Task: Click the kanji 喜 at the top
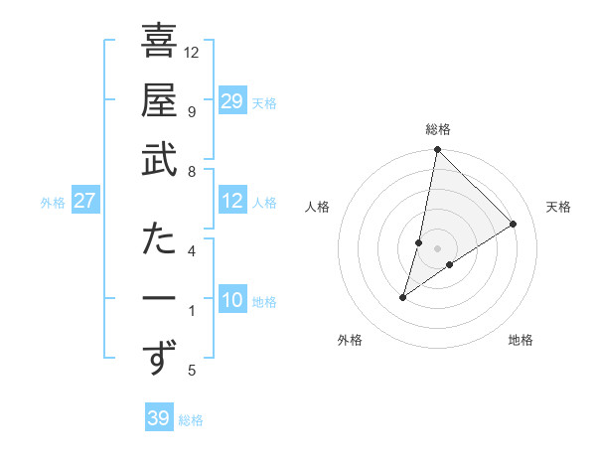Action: point(159,42)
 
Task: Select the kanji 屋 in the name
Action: point(159,101)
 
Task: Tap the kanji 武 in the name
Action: point(159,161)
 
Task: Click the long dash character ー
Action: point(159,299)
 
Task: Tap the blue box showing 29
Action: point(231,101)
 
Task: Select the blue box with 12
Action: point(231,202)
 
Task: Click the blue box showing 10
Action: point(231,301)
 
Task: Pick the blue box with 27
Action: point(84,202)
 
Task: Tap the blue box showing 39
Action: point(158,418)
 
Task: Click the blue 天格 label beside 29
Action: point(264,103)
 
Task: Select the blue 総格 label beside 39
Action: point(191,420)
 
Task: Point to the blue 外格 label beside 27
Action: point(53,203)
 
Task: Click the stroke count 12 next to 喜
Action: point(192,52)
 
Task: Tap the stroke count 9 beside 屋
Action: point(191,111)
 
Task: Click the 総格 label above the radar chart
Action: point(438,129)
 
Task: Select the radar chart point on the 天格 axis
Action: point(513,225)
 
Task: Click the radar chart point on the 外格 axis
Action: point(402,297)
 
